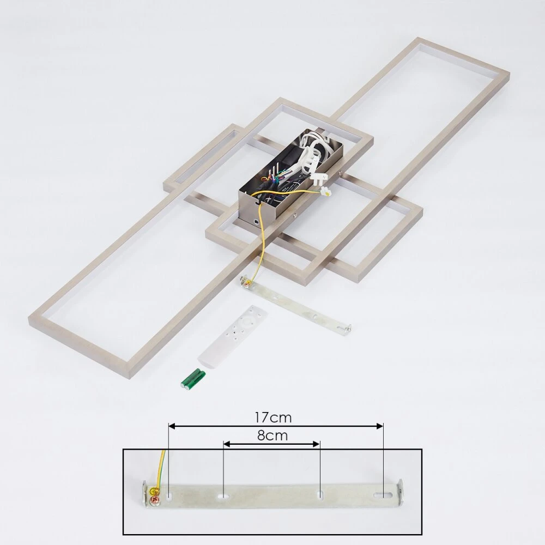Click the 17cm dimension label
(x=273, y=417)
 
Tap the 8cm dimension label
(x=272, y=435)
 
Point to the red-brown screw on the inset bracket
(x=152, y=500)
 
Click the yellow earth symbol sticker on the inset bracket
(x=153, y=492)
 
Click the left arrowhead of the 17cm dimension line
(x=171, y=426)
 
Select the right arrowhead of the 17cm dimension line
(x=380, y=426)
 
